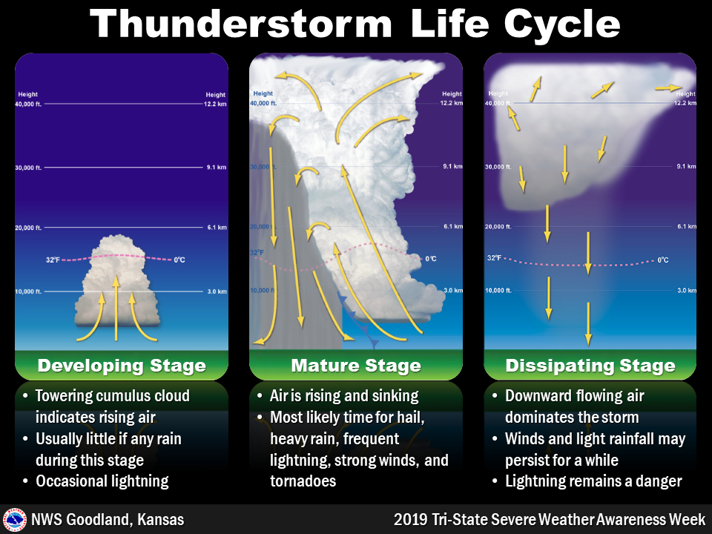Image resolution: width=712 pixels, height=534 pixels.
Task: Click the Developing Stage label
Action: (122, 366)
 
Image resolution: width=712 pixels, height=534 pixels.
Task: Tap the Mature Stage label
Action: (356, 366)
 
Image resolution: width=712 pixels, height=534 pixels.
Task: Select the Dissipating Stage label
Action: (590, 366)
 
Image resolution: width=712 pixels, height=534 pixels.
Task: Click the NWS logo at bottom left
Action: (14, 519)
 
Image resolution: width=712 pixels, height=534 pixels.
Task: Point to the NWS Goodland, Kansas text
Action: (107, 519)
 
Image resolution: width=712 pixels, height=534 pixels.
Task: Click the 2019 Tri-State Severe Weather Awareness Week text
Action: (550, 519)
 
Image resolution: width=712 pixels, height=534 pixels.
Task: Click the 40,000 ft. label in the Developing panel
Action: (29, 104)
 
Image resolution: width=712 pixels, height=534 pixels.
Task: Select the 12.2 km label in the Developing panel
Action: (216, 104)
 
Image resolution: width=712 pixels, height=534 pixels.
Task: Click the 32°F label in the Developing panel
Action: (53, 260)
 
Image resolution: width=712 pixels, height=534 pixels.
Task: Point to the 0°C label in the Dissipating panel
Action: (663, 260)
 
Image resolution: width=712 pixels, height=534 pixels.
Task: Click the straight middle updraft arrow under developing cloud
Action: (115, 308)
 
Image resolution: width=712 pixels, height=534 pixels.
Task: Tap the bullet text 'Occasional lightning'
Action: (102, 481)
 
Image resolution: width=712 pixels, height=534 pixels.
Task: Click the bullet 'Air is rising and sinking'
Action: (344, 396)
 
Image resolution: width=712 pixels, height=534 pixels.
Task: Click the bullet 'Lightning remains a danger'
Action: (593, 481)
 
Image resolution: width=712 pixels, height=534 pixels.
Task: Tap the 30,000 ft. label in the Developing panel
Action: (29, 168)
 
